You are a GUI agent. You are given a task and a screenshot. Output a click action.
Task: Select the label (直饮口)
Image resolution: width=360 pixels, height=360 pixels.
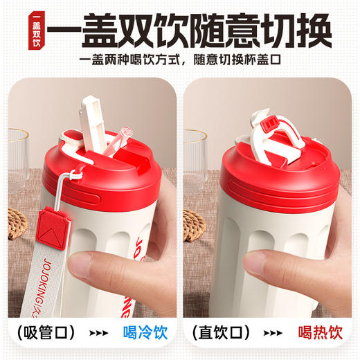(x=222, y=331)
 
